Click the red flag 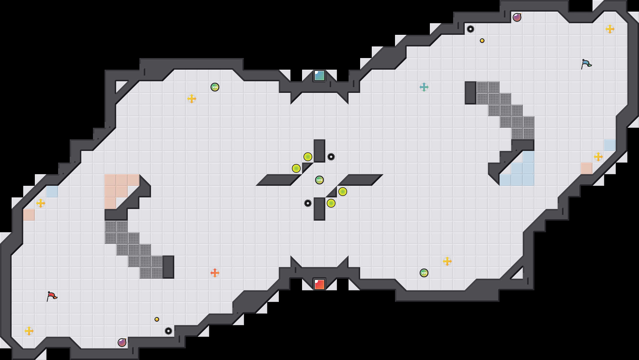click(x=52, y=296)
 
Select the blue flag click(x=586, y=64)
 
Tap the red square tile click(x=319, y=284)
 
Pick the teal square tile click(x=319, y=75)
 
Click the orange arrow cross click(x=215, y=273)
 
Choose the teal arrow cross click(x=424, y=87)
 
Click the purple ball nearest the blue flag click(x=517, y=17)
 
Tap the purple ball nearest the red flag click(x=122, y=343)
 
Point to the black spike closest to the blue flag click(x=471, y=29)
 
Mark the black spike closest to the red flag click(x=168, y=331)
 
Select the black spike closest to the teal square click(x=331, y=157)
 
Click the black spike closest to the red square click(x=308, y=203)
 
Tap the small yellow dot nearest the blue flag click(x=482, y=41)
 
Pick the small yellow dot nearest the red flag click(x=157, y=319)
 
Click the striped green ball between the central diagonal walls click(x=319, y=180)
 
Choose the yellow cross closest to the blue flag click(x=610, y=29)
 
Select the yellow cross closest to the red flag click(x=29, y=331)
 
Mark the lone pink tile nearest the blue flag click(x=587, y=168)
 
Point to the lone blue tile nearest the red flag click(x=52, y=192)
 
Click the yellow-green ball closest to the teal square click(x=308, y=157)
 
